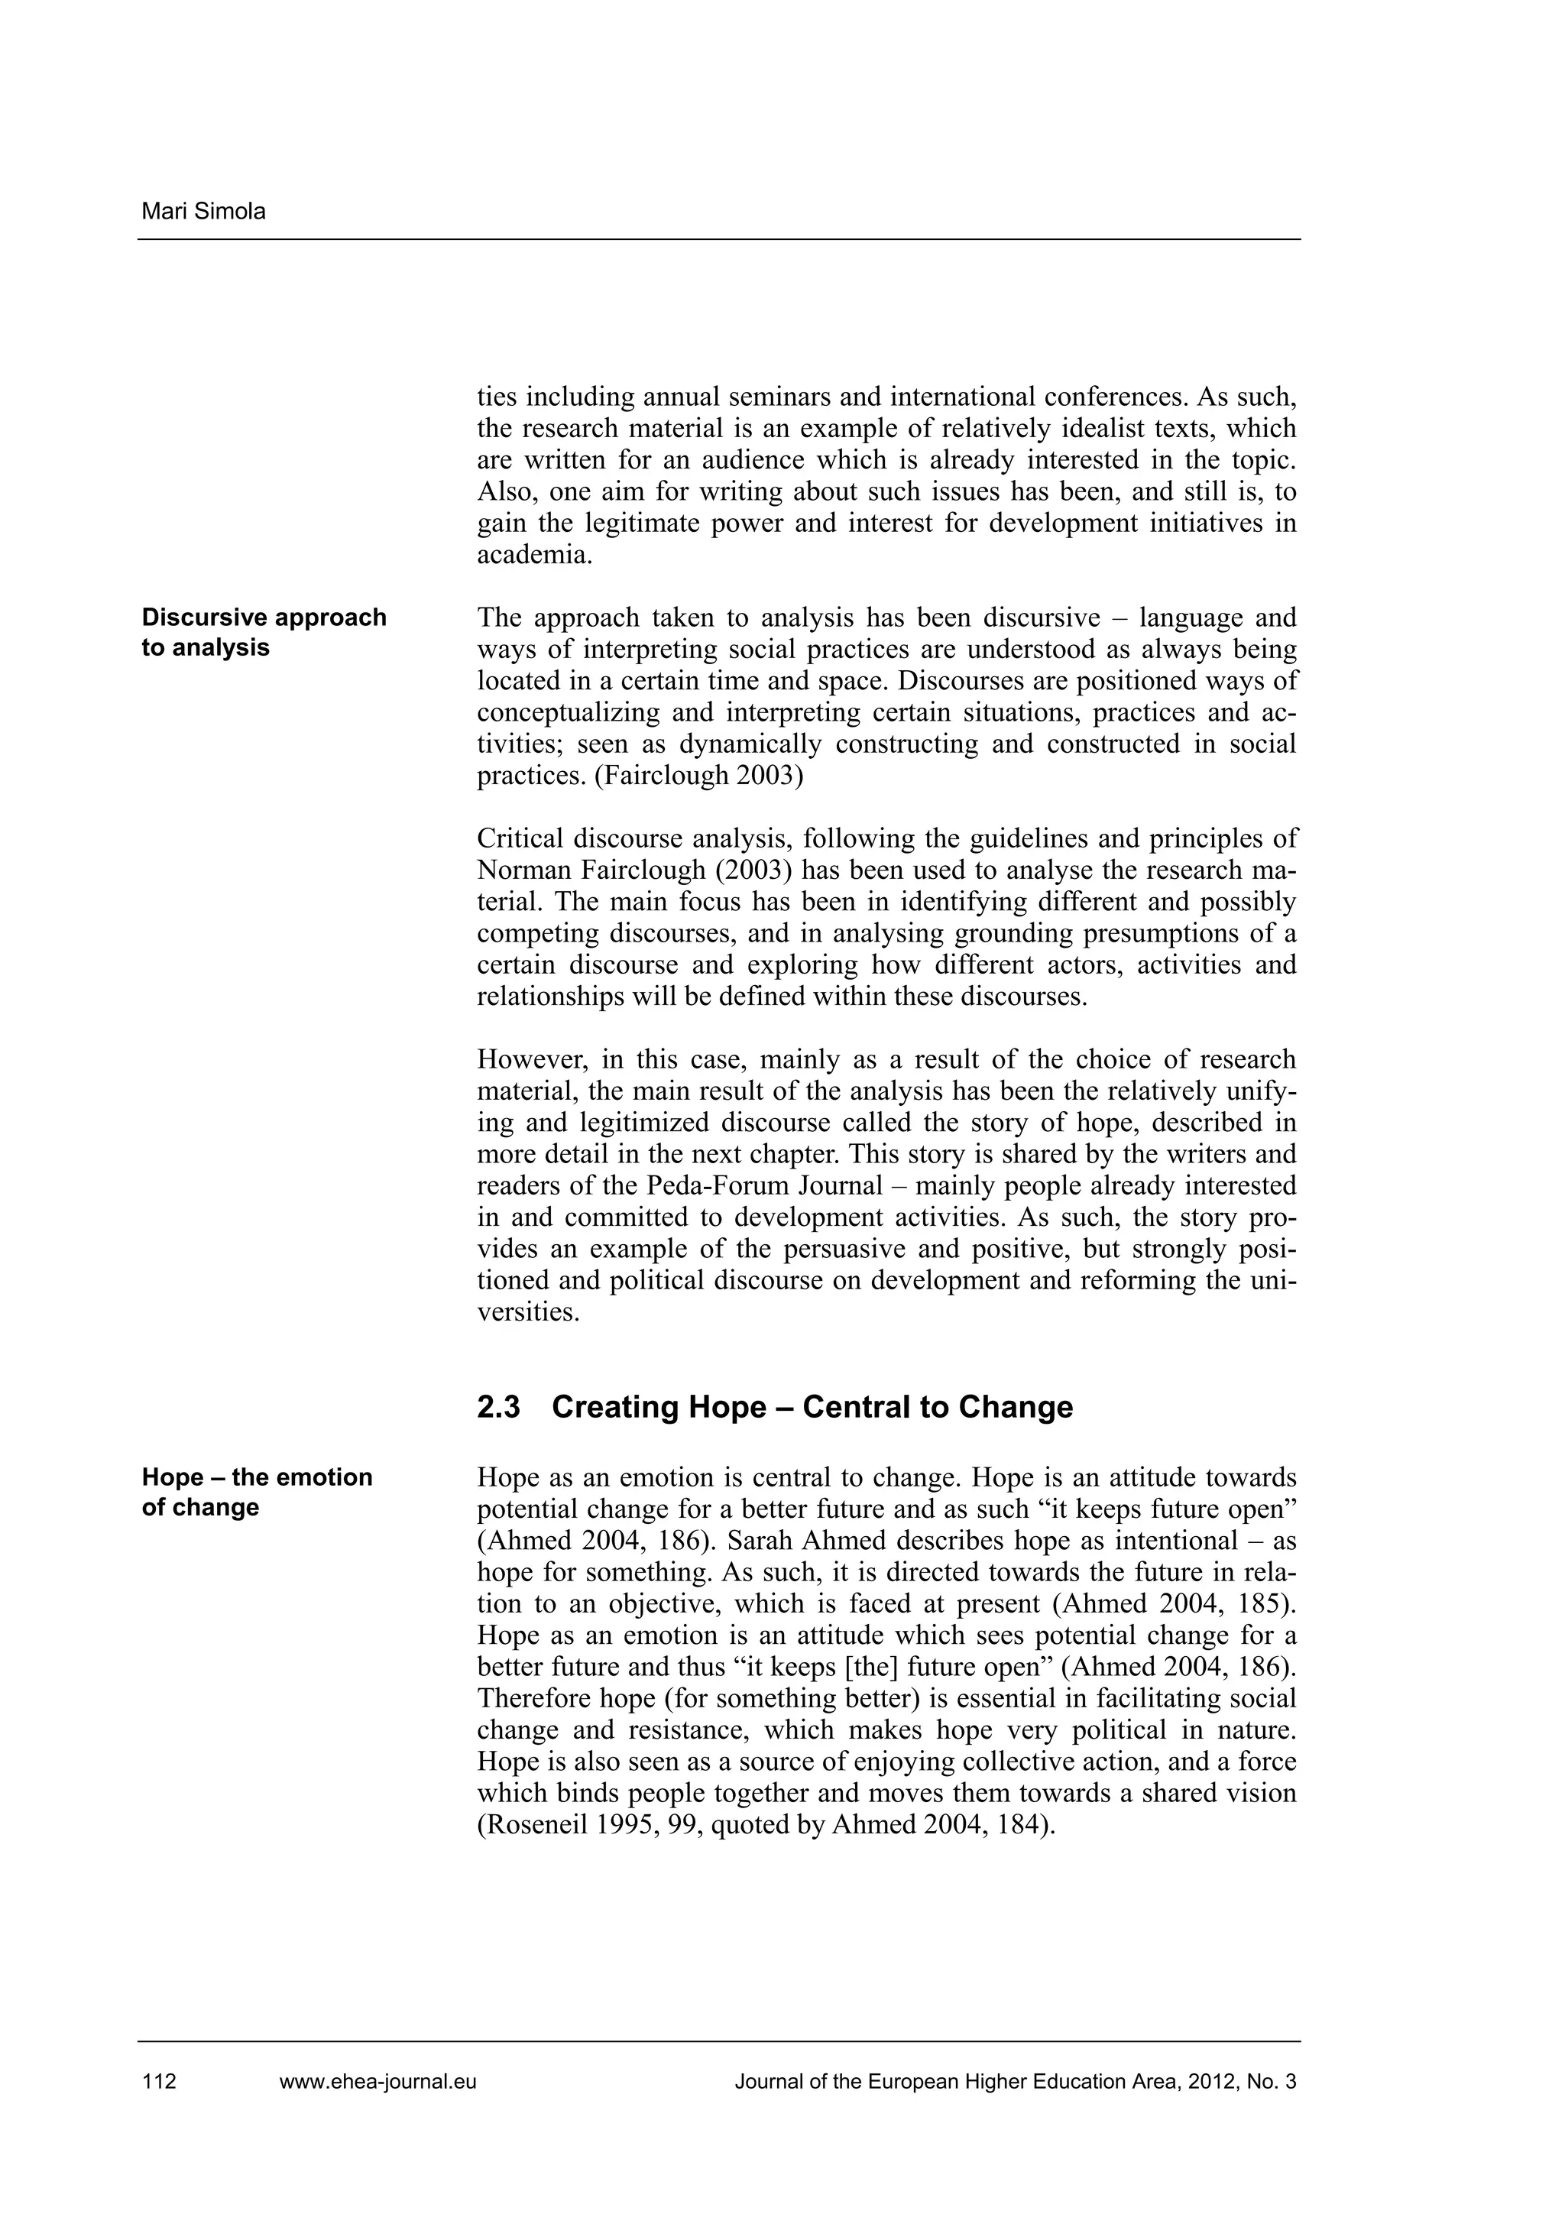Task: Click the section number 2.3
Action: click(498, 1407)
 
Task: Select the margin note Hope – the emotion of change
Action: click(257, 1492)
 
